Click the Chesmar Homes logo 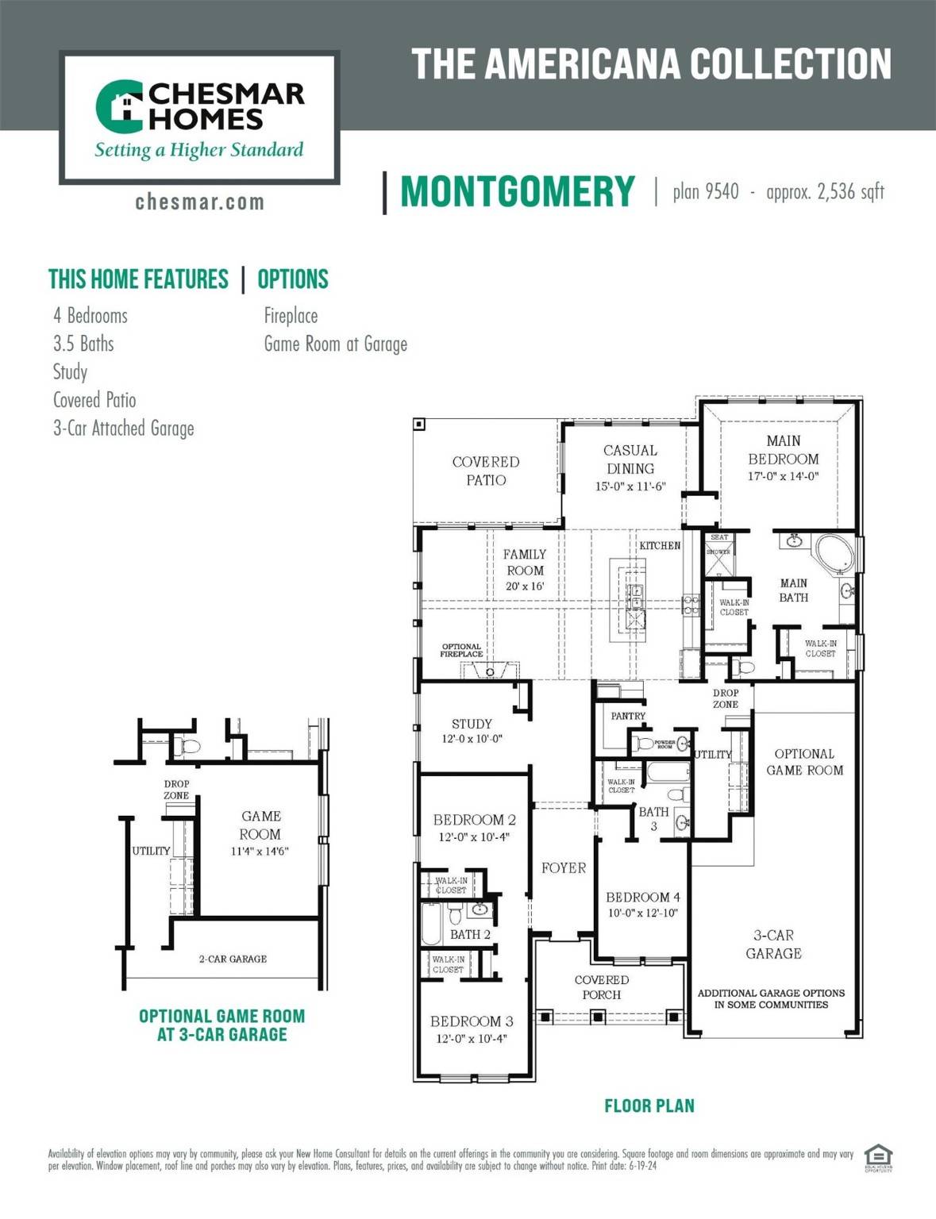199,117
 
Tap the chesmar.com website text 199,202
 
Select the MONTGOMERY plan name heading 518,192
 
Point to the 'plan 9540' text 705,192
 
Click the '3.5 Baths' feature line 83,344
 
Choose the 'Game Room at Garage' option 335,344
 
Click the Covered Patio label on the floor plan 485,471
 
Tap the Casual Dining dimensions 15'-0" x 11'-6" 630,486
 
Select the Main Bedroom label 783,450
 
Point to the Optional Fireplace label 461,650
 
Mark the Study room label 472,724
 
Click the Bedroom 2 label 474,820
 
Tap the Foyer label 564,868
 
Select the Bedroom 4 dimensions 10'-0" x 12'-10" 642,913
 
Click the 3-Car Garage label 773,944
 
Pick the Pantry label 628,716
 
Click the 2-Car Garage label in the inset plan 233,959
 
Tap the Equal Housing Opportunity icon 878,1158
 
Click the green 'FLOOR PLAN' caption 649,1106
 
